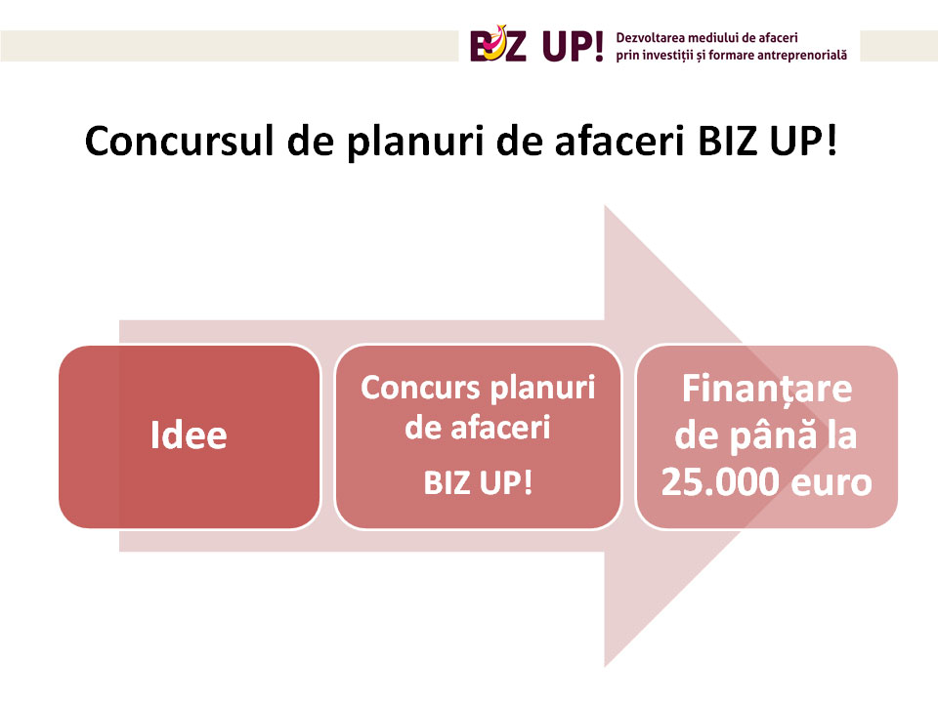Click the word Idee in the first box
(x=189, y=434)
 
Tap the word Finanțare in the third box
(x=767, y=390)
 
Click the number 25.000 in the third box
(x=721, y=481)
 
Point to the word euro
(x=831, y=483)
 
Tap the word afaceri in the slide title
(x=619, y=141)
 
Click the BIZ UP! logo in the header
(x=536, y=45)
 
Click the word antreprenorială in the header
(x=801, y=55)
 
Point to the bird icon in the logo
(x=496, y=42)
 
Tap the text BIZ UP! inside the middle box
(x=478, y=483)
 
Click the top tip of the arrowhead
(x=605, y=206)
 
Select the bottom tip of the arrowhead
(x=605, y=667)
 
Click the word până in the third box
(x=774, y=435)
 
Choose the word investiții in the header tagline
(x=667, y=55)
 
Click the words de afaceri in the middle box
(x=478, y=428)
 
